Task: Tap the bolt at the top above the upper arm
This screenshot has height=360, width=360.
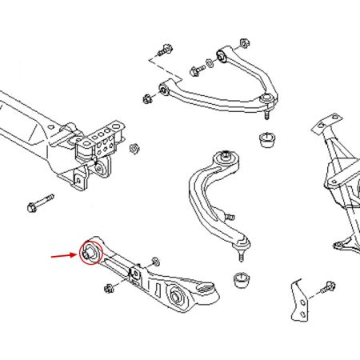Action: (165, 47)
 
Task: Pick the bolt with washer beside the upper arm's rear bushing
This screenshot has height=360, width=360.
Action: (196, 72)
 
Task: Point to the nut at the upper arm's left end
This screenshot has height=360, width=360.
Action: (147, 100)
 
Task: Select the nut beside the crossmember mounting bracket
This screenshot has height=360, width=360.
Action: (134, 149)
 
